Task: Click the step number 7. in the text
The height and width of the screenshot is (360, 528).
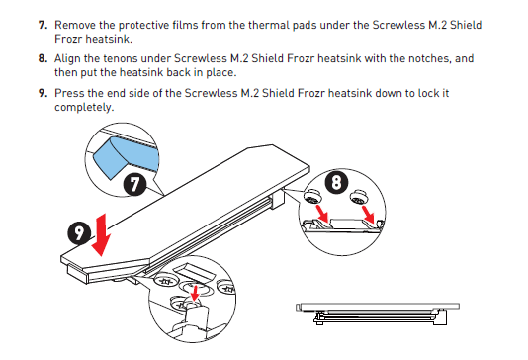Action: pyautogui.click(x=43, y=25)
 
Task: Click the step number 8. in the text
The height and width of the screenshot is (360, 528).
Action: pyautogui.click(x=43, y=58)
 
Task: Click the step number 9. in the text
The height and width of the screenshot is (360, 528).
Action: pyautogui.click(x=43, y=93)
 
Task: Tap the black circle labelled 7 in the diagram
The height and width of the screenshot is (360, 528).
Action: pyautogui.click(x=134, y=184)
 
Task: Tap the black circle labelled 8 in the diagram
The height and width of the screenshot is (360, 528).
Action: pyautogui.click(x=336, y=182)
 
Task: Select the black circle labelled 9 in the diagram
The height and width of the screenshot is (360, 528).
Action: pyautogui.click(x=79, y=233)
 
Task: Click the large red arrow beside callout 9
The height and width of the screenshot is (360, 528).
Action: pyautogui.click(x=101, y=234)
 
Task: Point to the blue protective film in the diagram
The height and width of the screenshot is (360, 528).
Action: pyautogui.click(x=127, y=157)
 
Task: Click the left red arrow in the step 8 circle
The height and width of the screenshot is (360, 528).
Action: pyautogui.click(x=321, y=215)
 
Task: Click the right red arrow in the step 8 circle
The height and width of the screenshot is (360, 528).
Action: pyautogui.click(x=368, y=215)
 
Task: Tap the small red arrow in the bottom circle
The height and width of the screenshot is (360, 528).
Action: pyautogui.click(x=195, y=293)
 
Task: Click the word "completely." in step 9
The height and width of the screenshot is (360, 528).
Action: pyautogui.click(x=84, y=108)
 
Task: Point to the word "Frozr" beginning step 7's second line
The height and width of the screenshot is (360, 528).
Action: pyautogui.click(x=68, y=39)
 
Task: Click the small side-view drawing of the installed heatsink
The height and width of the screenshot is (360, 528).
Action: pyautogui.click(x=378, y=314)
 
